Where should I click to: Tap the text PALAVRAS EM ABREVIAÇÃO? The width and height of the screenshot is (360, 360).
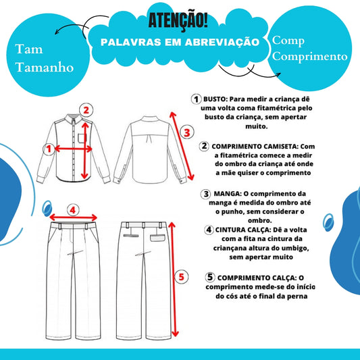pyautogui.click(x=179, y=42)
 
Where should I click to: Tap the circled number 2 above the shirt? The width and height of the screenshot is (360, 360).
pyautogui.click(x=85, y=109)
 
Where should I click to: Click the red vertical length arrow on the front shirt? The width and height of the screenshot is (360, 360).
pyautogui.click(x=84, y=149)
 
